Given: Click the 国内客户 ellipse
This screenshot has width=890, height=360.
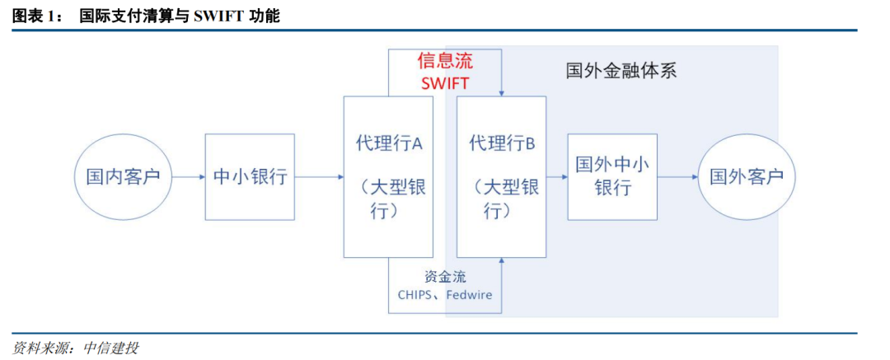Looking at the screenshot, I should [123, 176].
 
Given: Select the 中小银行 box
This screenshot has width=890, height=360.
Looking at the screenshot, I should [250, 176].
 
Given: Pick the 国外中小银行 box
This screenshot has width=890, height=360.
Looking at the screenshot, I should [612, 176].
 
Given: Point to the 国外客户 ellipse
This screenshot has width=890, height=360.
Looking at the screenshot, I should [747, 176].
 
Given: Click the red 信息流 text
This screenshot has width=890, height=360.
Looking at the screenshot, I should [445, 61].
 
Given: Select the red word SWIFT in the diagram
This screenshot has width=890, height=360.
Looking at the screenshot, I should [445, 82].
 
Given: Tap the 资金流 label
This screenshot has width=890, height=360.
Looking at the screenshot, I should [445, 277].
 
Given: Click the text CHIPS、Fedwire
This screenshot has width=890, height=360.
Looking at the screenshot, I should [445, 294].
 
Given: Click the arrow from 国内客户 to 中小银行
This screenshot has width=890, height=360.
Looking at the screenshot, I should [189, 176].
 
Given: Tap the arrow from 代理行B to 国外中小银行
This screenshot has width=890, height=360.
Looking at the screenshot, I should [557, 176].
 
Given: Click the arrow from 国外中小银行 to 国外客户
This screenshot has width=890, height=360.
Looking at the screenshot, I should [677, 176].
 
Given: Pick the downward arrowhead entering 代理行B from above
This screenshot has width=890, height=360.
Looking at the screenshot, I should [501, 91].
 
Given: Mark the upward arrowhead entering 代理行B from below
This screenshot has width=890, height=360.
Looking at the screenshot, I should [501, 262].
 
